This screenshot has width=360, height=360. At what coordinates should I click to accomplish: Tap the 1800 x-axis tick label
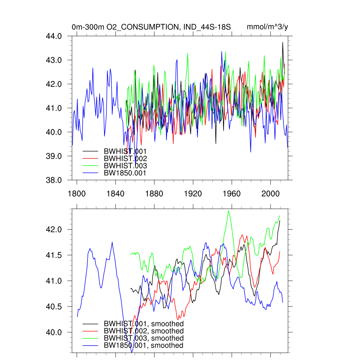(77, 194)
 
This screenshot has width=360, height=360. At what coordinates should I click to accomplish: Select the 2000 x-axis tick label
(270, 194)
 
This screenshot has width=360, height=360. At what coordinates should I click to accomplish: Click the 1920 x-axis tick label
(193, 194)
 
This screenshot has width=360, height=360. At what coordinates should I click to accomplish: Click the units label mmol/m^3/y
(268, 27)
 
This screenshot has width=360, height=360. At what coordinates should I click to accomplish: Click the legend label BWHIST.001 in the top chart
(125, 151)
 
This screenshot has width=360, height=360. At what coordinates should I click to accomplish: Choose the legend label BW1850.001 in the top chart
(125, 173)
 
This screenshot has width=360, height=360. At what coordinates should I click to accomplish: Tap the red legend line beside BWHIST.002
(90, 159)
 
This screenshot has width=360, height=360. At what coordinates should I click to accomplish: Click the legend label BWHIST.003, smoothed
(143, 338)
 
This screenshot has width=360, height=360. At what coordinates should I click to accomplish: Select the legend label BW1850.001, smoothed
(143, 345)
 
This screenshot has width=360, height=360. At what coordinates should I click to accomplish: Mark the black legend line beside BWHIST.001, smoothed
(90, 324)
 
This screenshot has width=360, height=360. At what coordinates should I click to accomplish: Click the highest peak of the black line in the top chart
(282, 43)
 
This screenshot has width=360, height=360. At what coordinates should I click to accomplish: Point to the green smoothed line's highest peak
(229, 211)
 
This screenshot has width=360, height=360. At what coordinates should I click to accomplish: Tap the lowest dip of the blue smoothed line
(132, 352)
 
